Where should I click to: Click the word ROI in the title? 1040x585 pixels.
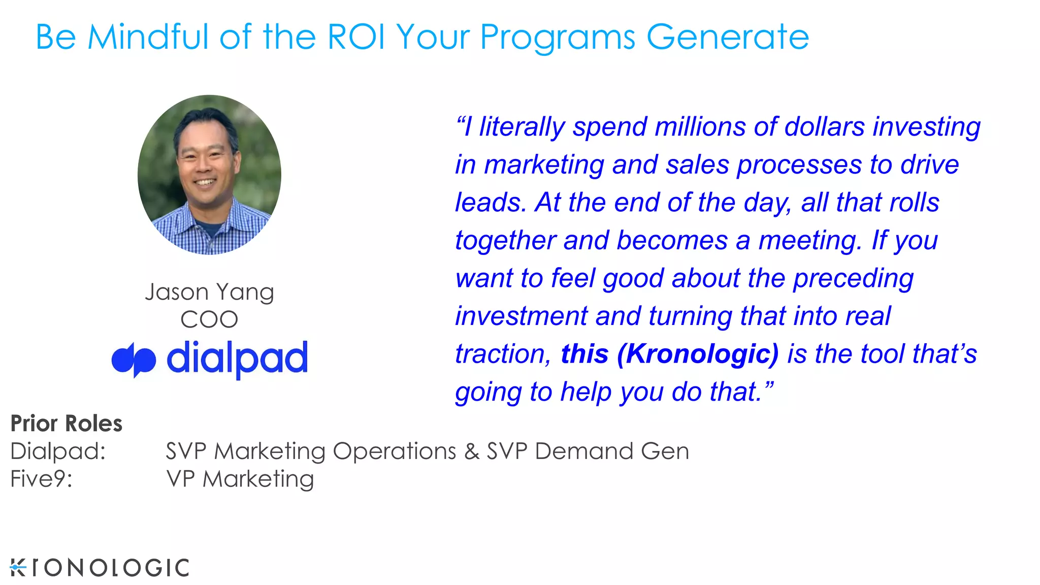[356, 37]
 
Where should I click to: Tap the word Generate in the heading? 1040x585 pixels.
[727, 37]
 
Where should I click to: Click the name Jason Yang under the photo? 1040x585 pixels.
[209, 292]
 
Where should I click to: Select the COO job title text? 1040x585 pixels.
[209, 320]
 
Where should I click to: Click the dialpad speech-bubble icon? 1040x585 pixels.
[134, 360]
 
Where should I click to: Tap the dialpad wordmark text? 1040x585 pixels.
[237, 358]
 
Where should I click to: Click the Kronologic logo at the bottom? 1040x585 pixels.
[100, 568]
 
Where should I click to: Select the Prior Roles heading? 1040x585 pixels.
[67, 424]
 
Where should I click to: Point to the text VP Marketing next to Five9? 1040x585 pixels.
[240, 479]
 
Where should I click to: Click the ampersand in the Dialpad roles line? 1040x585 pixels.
[472, 451]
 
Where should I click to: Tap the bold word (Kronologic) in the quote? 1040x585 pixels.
[697, 354]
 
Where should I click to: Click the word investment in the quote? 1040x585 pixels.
[521, 316]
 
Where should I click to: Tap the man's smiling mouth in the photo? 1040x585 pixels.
[206, 182]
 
